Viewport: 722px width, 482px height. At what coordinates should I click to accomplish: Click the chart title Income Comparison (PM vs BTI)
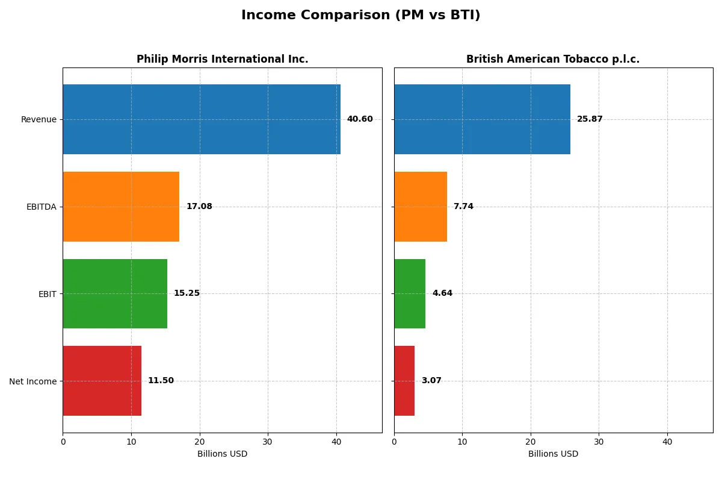360,15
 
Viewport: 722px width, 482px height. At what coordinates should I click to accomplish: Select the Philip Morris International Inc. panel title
222,59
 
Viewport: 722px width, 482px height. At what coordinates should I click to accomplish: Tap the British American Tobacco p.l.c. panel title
552,59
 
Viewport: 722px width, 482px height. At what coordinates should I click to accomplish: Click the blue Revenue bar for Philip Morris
202,119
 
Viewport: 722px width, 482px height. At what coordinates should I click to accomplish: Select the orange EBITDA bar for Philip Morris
121,207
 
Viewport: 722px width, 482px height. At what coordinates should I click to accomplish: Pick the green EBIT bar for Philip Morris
115,293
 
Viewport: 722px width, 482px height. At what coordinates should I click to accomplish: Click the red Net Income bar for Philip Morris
102,381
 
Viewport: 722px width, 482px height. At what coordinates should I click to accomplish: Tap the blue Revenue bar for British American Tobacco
482,119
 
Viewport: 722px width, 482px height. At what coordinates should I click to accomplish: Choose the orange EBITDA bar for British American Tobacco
421,207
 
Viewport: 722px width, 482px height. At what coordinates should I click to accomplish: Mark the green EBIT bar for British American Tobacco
410,293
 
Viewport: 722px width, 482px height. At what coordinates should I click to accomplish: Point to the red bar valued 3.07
404,381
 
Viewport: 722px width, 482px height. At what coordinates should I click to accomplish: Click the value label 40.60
360,119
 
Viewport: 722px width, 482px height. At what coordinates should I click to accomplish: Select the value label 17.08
199,207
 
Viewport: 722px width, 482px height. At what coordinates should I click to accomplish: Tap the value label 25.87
590,119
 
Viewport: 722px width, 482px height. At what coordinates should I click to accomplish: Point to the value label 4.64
442,293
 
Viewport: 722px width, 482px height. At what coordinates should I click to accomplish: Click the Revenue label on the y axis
39,119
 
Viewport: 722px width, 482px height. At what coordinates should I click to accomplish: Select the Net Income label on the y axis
33,381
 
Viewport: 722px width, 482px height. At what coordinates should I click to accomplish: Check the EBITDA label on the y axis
42,207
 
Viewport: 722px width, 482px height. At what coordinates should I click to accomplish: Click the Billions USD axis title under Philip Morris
222,454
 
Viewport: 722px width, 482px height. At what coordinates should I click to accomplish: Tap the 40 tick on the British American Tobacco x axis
667,442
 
